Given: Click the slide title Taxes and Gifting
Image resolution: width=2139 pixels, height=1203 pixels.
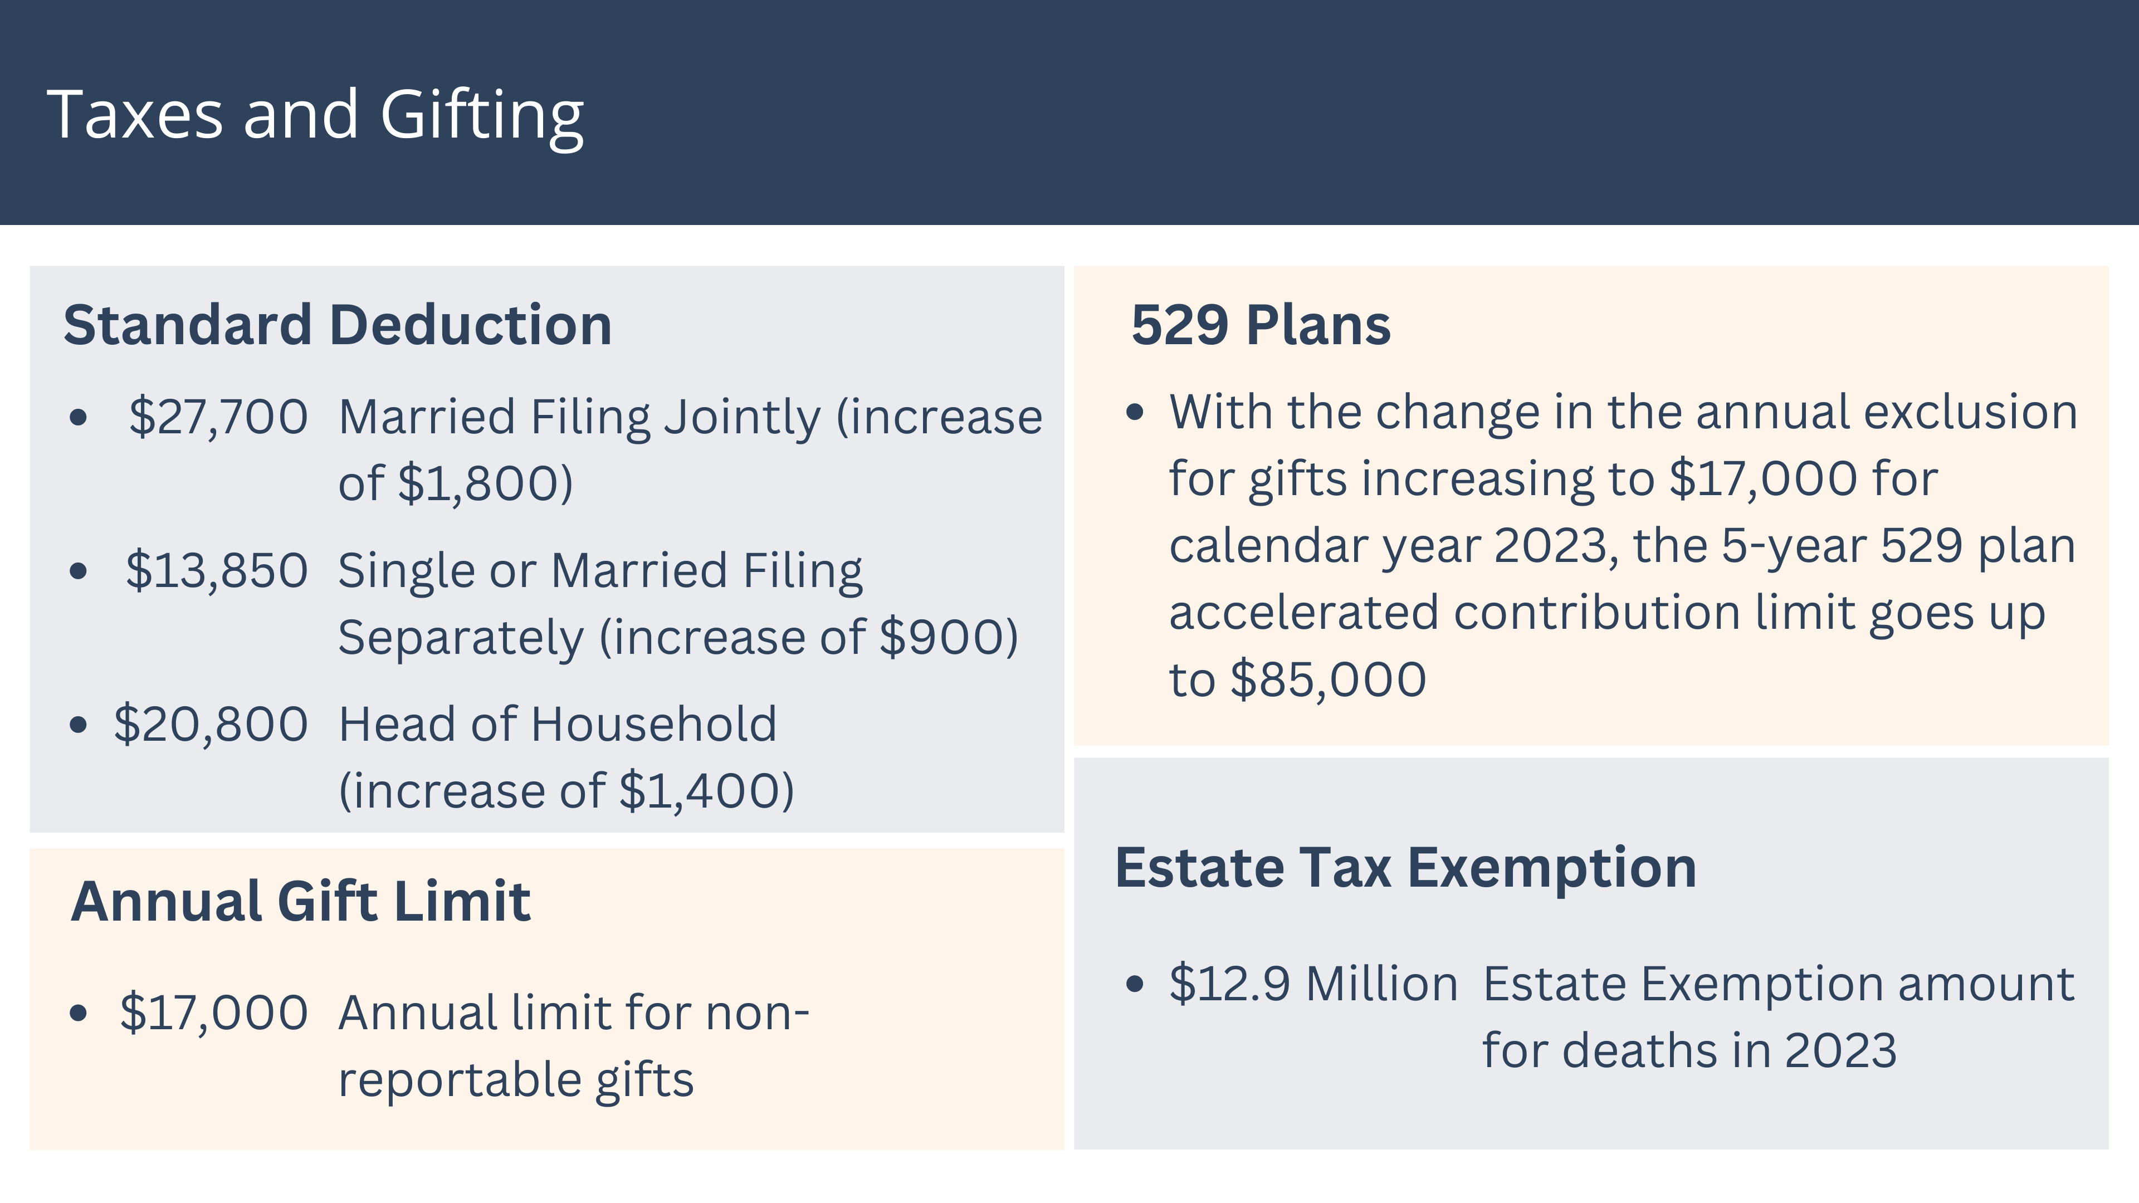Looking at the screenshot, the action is pyautogui.click(x=315, y=116).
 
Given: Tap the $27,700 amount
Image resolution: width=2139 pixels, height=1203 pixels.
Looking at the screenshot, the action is pyautogui.click(x=218, y=416).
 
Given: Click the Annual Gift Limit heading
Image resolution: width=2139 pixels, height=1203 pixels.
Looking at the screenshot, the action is pyautogui.click(x=301, y=902).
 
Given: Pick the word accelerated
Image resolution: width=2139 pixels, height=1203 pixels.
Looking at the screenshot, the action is pyautogui.click(x=1303, y=613).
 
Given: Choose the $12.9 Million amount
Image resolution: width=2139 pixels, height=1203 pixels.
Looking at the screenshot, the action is pyautogui.click(x=1313, y=985).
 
